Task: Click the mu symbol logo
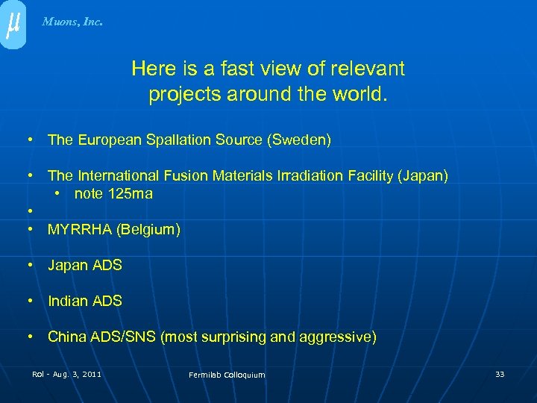click(13, 23)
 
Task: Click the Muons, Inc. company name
click(72, 22)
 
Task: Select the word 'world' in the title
click(361, 95)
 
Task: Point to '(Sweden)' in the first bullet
click(302, 140)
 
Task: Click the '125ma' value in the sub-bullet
click(131, 193)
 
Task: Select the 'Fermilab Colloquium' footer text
click(227, 375)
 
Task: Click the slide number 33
click(500, 373)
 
